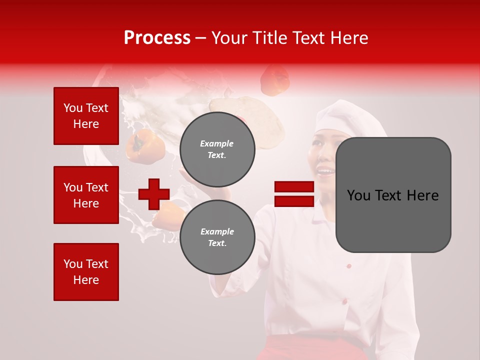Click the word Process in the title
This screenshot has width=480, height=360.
[157, 38]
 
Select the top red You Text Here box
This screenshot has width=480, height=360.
[86, 116]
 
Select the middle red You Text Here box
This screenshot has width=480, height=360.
[86, 195]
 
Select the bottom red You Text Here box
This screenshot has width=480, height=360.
[86, 272]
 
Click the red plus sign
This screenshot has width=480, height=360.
[154, 194]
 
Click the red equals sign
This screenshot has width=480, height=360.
[294, 194]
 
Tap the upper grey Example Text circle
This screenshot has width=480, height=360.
[217, 149]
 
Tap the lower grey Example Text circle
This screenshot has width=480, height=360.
[217, 237]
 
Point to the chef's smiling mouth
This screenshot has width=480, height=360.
[326, 173]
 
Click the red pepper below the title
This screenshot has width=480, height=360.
[275, 80]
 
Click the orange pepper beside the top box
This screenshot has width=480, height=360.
[145, 145]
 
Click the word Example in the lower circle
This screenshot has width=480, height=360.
[217, 231]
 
